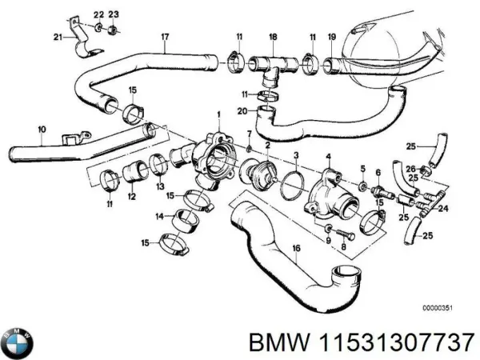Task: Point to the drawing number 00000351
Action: point(438,306)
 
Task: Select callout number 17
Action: point(165,36)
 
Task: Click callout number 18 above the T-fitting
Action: point(273,37)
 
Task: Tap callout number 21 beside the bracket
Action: point(58,37)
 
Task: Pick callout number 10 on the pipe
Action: point(42,128)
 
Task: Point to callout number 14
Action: point(159,215)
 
